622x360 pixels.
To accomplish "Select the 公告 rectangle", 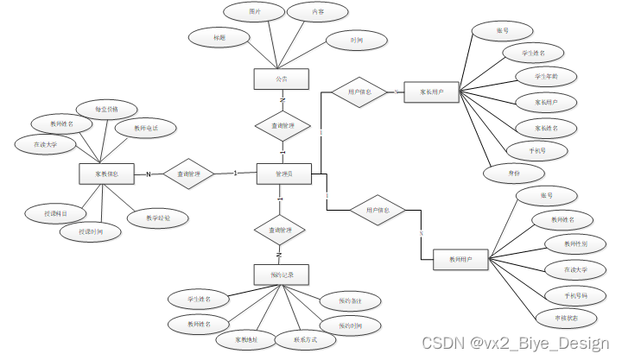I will click(281, 79).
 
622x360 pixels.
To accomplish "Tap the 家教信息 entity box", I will click(105, 174).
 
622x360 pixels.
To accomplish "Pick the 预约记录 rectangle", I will click(282, 275).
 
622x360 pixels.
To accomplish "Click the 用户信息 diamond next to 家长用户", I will click(359, 92).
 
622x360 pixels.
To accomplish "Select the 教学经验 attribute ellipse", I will click(154, 218).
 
